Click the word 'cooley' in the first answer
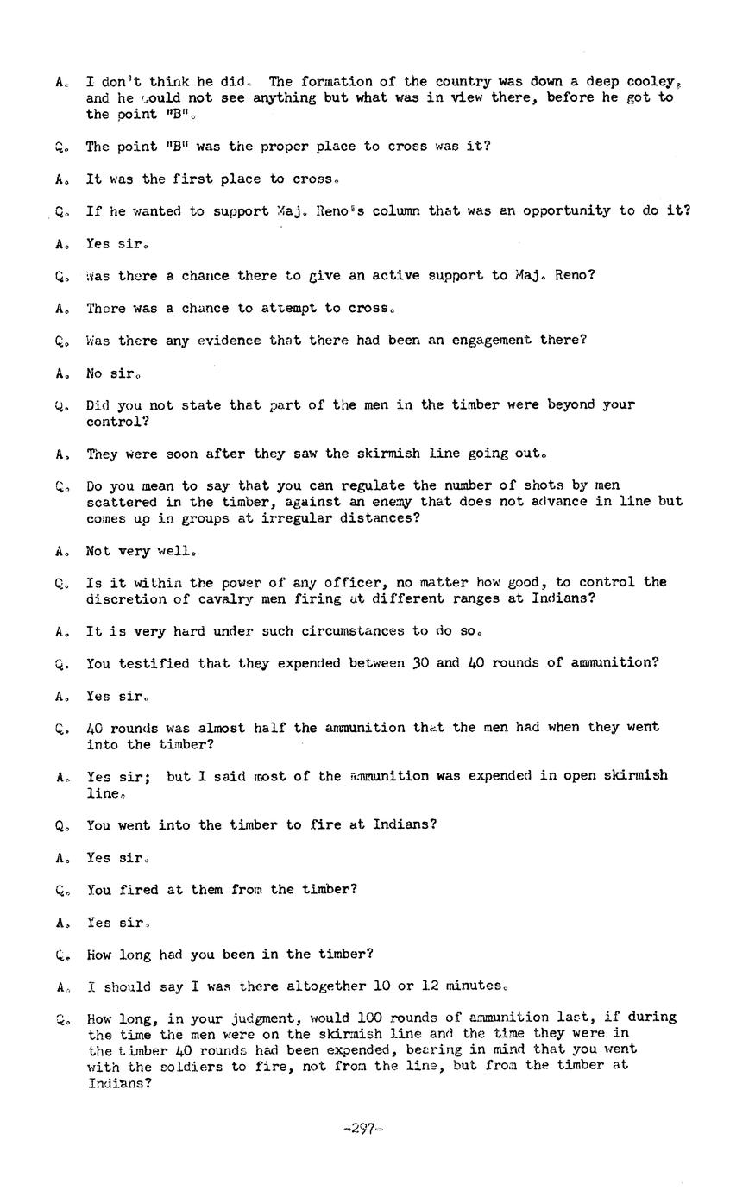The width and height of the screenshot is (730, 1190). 651,82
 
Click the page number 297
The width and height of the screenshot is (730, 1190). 363,1129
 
